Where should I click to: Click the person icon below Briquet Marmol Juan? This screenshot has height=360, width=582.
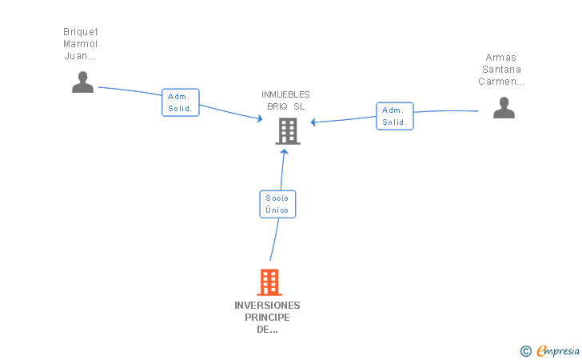(82, 82)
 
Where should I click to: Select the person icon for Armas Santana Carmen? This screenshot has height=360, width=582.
(504, 107)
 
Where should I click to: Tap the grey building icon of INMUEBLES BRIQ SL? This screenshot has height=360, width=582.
(288, 131)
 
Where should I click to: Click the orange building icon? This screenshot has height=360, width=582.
(269, 282)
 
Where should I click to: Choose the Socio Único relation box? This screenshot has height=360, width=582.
(277, 204)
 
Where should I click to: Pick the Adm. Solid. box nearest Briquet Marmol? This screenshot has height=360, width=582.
(181, 102)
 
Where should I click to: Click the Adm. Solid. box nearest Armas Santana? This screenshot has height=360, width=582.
(395, 116)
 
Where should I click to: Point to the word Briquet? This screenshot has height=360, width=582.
(81, 32)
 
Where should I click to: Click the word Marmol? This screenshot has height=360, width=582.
(80, 44)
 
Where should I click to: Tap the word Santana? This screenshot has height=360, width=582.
(501, 70)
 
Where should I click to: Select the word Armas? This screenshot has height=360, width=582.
(500, 58)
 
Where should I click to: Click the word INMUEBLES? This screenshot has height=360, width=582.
(285, 94)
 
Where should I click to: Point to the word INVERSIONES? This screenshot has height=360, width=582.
(267, 306)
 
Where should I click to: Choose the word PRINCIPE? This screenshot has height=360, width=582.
(267, 318)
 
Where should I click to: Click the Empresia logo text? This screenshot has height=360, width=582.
(558, 350)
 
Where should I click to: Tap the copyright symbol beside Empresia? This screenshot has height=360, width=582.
(526, 351)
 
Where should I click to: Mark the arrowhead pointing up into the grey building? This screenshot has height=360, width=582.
(284, 151)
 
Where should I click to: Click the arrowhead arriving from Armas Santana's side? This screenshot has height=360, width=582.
(313, 122)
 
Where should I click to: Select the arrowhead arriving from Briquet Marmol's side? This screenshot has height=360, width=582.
(260, 118)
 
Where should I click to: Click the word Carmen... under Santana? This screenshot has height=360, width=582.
(501, 82)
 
